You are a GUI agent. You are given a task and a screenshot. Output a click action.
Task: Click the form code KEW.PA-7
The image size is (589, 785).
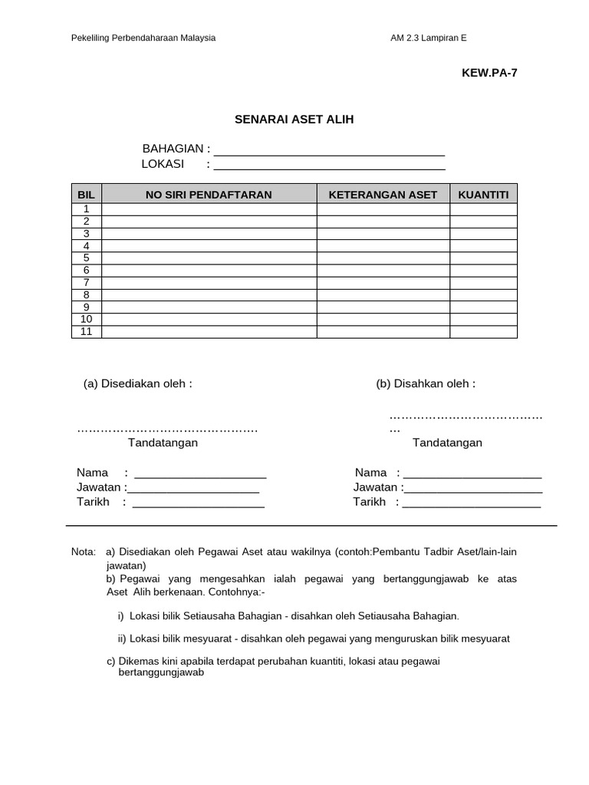point(484,74)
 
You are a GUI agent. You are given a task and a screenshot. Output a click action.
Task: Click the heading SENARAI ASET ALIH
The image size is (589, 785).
point(294,120)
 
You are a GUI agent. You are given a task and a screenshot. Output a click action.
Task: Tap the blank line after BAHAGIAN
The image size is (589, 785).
point(330,150)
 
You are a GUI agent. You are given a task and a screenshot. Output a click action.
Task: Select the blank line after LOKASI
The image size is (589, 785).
point(330,165)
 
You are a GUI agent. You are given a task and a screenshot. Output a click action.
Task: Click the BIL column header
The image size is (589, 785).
point(86,195)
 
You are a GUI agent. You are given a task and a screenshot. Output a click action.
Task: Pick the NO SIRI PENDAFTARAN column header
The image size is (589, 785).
point(209,195)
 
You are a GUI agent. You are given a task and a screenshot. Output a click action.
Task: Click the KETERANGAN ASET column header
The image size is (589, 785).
point(383,195)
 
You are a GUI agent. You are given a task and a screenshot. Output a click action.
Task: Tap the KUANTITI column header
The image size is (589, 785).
point(483,195)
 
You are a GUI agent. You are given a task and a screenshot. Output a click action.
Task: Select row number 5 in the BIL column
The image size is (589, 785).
point(87,258)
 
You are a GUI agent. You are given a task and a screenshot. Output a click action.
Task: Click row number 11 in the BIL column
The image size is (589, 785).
point(87,331)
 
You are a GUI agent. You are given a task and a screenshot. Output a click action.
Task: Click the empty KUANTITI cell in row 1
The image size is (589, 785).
point(483,209)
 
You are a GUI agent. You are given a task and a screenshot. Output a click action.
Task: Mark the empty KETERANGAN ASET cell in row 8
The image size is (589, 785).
point(383,295)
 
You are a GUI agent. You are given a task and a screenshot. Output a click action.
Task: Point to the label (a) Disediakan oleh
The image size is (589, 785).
point(138,383)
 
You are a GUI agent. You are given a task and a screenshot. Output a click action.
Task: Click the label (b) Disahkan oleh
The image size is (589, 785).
point(426,383)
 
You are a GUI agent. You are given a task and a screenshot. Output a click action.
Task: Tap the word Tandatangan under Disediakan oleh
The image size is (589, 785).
point(163,443)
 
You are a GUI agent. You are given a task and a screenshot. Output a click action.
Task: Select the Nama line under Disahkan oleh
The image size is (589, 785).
point(472,473)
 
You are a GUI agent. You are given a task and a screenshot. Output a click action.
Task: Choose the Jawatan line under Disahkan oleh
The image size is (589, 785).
point(473,488)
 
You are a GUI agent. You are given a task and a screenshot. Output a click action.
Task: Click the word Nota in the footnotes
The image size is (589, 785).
point(83,552)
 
